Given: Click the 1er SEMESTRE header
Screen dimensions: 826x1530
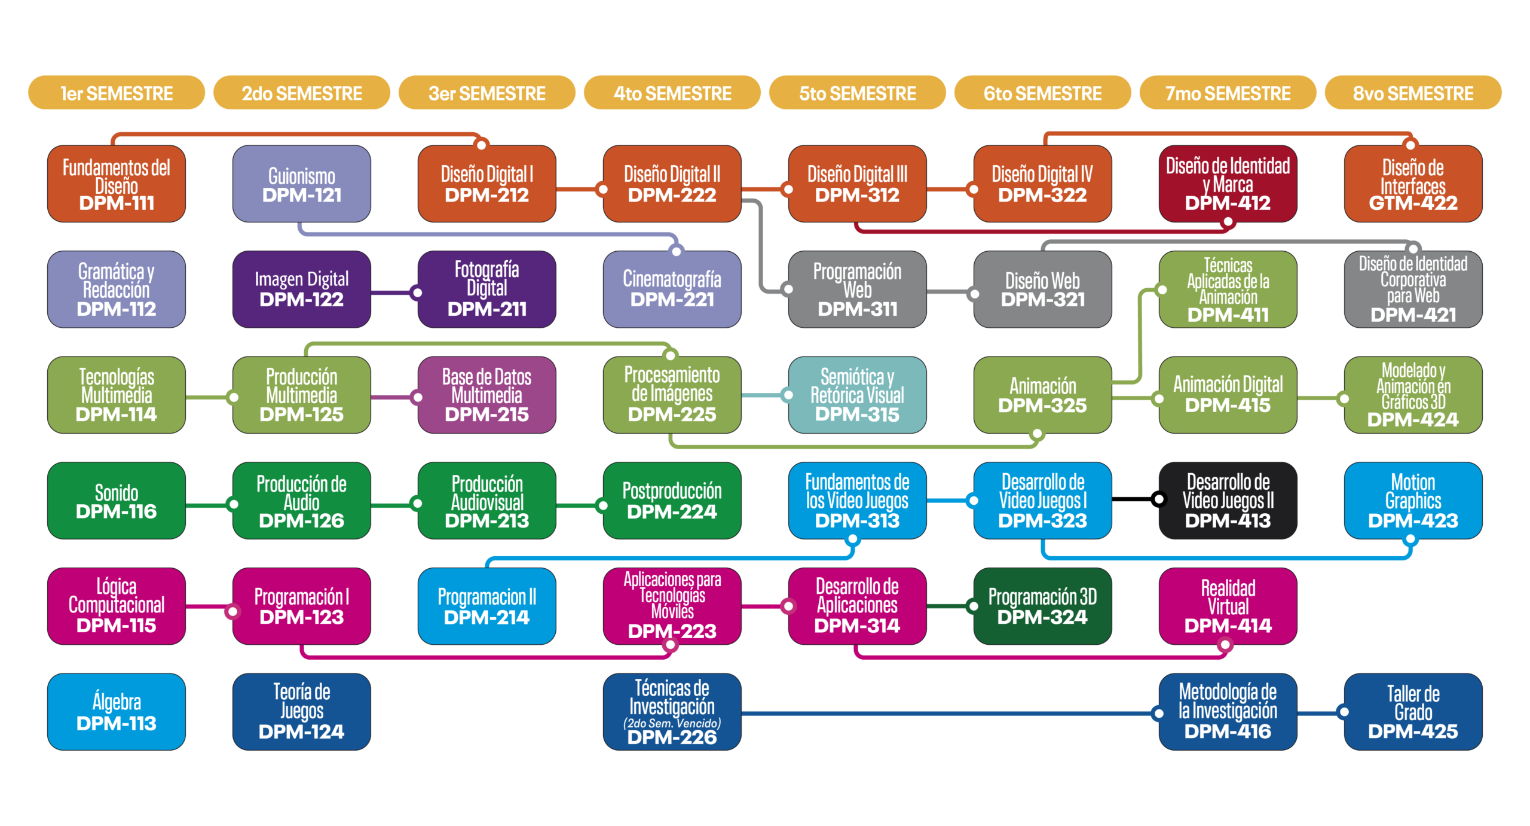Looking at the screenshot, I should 117,94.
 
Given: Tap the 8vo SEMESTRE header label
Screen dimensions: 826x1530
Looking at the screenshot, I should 1413,94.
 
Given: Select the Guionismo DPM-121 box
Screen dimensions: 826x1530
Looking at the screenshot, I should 301,184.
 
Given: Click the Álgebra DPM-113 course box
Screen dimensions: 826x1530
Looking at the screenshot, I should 117,712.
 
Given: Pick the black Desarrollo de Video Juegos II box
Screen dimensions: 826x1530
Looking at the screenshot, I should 1228,501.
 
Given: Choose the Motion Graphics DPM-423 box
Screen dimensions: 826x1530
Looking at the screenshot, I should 1413,501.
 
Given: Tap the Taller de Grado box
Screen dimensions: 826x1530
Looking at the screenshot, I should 1413,712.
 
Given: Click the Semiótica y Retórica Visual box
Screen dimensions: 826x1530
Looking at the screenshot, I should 857,395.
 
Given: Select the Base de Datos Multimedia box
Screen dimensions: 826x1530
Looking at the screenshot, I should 486,395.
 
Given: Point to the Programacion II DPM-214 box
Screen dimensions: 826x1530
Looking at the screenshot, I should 486,606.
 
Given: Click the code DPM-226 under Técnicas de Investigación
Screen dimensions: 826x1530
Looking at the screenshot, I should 672,737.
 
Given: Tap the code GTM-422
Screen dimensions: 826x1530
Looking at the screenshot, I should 1413,203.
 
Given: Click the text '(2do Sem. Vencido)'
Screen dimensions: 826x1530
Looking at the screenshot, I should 672,723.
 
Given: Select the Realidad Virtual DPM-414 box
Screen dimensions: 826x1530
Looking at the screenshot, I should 1228,606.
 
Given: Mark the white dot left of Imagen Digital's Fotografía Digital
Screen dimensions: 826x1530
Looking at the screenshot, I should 418,292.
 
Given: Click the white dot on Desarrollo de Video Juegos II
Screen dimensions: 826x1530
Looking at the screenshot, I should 1159,498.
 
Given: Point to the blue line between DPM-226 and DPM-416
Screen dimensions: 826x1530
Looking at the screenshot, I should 944,713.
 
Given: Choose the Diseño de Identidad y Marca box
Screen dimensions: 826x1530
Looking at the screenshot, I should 1228,184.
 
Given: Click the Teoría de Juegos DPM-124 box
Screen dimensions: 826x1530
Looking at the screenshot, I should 301,712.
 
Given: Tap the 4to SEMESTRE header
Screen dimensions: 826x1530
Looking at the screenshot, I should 672,94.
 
